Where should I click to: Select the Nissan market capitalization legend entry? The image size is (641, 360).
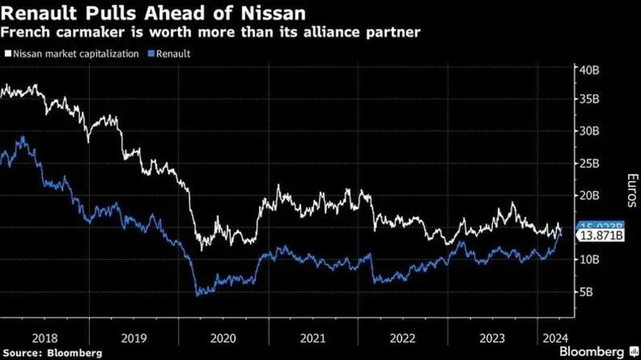point(75,54)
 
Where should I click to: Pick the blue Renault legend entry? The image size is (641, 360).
point(172,54)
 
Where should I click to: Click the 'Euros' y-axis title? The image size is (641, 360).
point(631,188)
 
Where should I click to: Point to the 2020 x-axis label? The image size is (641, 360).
point(224,338)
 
